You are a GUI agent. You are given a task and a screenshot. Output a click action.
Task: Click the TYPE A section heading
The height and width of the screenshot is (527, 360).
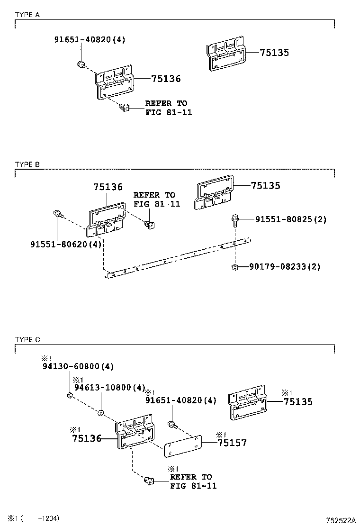[x=27, y=15]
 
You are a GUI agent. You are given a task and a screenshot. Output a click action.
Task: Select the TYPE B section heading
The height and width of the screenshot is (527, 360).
[x=27, y=164]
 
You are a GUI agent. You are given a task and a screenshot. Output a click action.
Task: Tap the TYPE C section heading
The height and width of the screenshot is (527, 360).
[x=27, y=339]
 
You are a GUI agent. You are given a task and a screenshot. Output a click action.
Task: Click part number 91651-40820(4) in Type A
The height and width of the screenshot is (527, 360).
[x=90, y=40]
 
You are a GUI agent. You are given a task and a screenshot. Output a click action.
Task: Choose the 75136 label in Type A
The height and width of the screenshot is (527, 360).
[x=166, y=79]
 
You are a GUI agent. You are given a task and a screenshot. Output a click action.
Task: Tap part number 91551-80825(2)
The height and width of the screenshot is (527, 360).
[x=291, y=219]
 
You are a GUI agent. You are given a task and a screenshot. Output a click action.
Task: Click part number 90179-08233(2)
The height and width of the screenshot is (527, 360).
[x=285, y=267]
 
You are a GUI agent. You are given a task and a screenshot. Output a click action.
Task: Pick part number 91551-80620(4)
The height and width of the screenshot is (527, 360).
[x=66, y=245]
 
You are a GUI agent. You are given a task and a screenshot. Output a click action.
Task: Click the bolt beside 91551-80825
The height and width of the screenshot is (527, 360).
[x=235, y=219]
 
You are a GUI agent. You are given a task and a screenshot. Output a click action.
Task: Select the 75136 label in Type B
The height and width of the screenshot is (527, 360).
[x=108, y=187]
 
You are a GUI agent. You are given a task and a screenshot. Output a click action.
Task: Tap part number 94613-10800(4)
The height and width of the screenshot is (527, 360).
[x=108, y=387]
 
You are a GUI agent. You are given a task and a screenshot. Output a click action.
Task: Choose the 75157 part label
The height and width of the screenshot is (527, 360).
[x=232, y=443]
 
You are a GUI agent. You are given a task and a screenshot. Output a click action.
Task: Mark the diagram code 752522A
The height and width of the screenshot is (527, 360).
[x=340, y=520]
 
